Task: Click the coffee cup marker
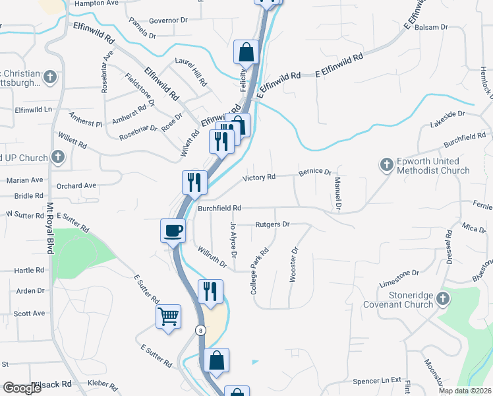(173, 231)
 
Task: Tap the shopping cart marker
(168, 317)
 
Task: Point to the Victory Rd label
(258, 178)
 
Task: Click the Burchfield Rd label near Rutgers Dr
(219, 208)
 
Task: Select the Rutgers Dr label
(272, 224)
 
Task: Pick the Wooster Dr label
(294, 265)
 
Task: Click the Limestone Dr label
(399, 273)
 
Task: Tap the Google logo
(22, 388)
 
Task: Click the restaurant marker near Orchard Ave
(194, 182)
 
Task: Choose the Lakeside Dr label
(448, 119)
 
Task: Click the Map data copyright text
(465, 391)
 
